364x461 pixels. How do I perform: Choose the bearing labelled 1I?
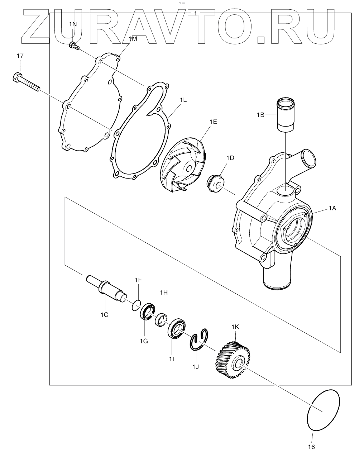tap(176, 328)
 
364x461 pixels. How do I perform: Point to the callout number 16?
tap(311, 447)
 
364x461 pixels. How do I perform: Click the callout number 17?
tap(20, 56)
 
